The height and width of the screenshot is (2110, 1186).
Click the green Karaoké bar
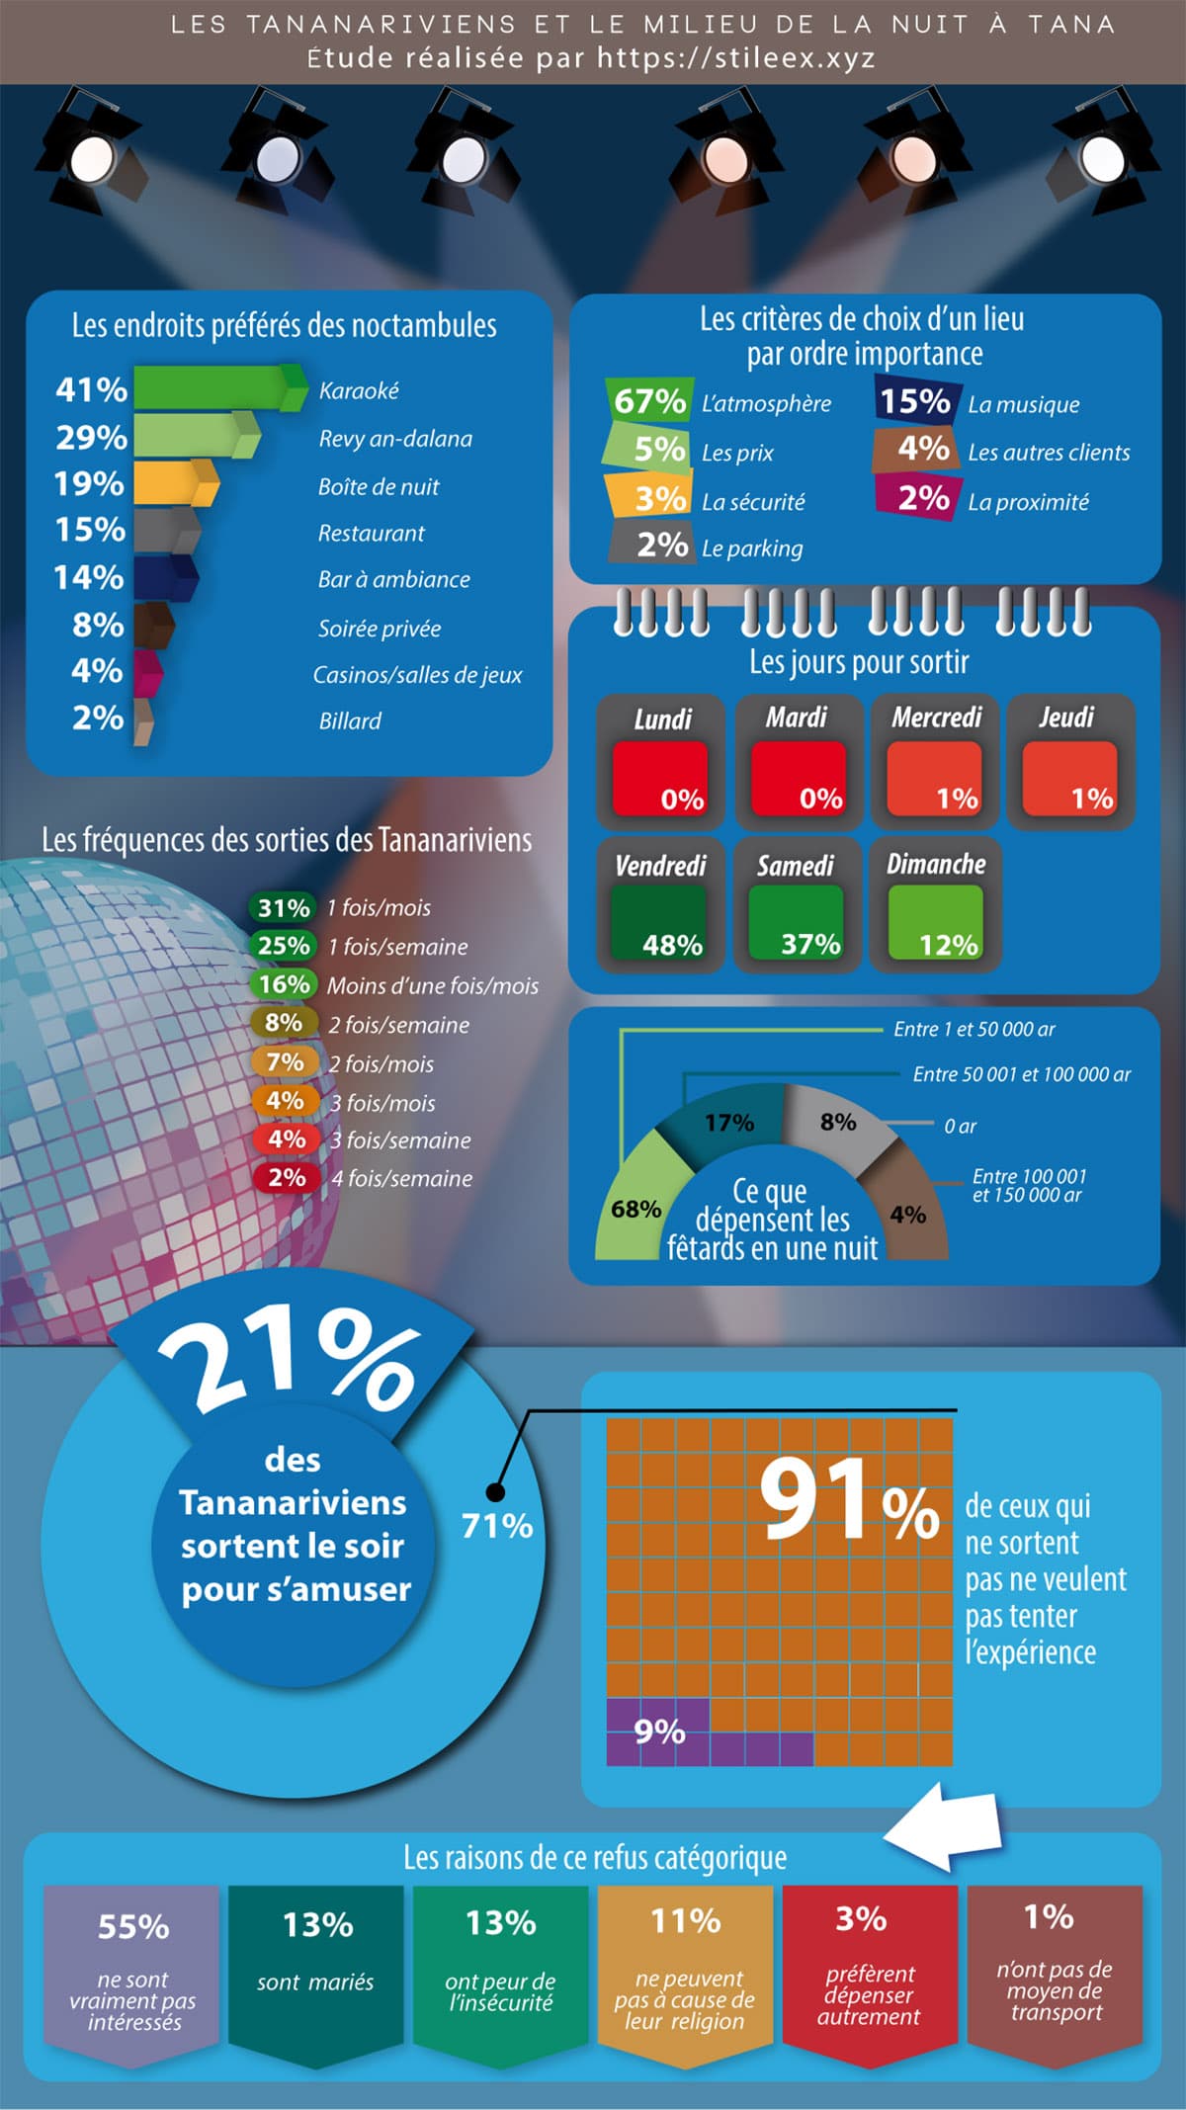tap(219, 386)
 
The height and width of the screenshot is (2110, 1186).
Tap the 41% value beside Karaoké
tap(91, 389)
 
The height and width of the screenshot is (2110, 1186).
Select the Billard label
tap(350, 720)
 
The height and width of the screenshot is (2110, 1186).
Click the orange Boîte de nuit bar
tap(175, 483)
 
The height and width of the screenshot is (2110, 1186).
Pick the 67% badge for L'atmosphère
tap(648, 401)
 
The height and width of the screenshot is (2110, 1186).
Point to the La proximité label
tap(1028, 502)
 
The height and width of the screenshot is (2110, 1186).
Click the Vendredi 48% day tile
tap(660, 904)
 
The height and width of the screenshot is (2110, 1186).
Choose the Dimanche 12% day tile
tap(935, 904)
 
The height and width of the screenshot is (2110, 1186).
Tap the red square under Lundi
tap(660, 780)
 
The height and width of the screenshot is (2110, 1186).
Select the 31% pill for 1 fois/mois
tap(284, 907)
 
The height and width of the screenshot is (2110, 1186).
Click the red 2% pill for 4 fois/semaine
tap(285, 1177)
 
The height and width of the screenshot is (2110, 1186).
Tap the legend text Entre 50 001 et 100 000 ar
tap(1022, 1074)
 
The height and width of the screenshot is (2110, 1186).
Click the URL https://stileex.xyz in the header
tap(736, 58)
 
